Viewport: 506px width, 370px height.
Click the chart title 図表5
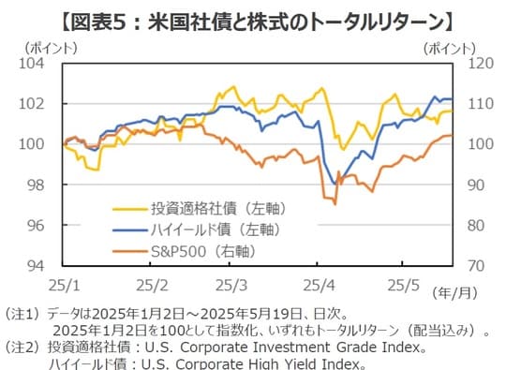253,18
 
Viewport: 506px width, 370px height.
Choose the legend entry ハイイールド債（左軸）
220,229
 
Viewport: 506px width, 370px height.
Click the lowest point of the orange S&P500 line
335,203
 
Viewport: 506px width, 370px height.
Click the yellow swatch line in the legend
128,207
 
